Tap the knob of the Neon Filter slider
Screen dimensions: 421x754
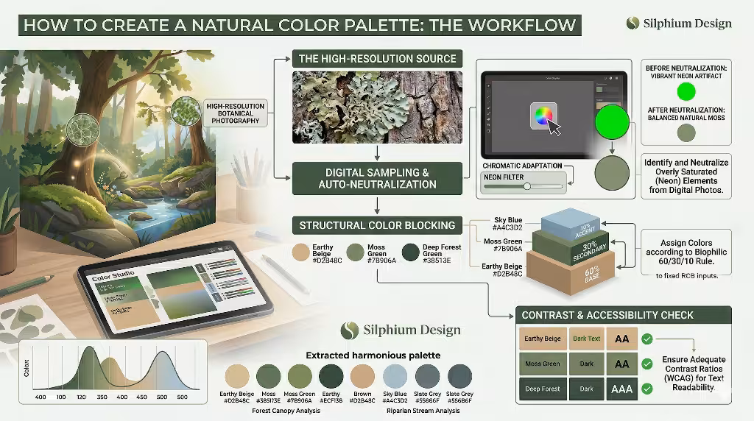pyautogui.click(x=526, y=186)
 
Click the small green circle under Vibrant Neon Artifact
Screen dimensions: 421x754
pyautogui.click(x=686, y=92)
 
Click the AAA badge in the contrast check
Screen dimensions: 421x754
pyautogui.click(x=622, y=389)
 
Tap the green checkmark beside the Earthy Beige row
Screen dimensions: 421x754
pyautogui.click(x=647, y=339)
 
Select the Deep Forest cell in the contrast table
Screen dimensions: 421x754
pyautogui.click(x=543, y=389)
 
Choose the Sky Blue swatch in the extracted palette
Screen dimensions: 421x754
pyautogui.click(x=395, y=376)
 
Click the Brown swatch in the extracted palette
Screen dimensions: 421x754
pyautogui.click(x=362, y=376)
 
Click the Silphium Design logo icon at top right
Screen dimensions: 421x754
pyautogui.click(x=633, y=23)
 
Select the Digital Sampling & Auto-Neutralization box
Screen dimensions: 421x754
pyautogui.click(x=377, y=178)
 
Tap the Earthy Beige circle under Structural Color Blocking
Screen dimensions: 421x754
pyautogui.click(x=302, y=252)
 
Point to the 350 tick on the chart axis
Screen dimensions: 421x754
pyautogui.click(x=102, y=397)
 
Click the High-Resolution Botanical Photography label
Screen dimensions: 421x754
pyautogui.click(x=236, y=113)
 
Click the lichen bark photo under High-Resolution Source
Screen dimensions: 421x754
pyautogui.click(x=377, y=107)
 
